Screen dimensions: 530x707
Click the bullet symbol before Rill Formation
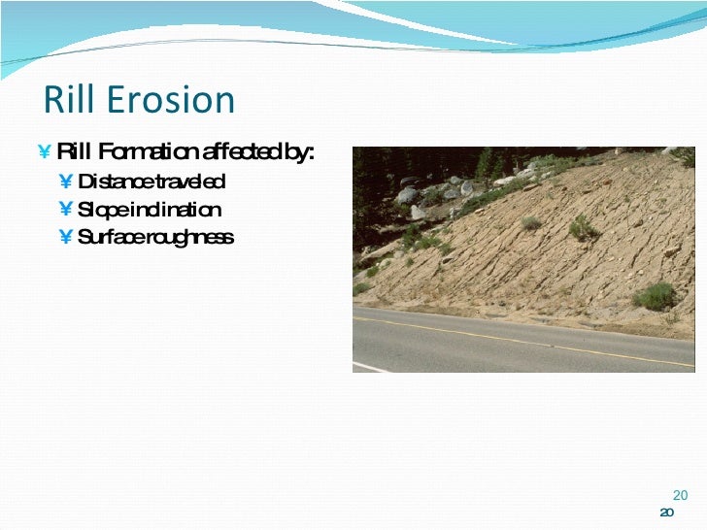(x=45, y=152)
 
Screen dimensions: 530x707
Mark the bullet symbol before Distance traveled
(x=65, y=182)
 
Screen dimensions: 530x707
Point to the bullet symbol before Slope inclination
(x=65, y=210)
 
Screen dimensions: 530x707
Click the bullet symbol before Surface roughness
(x=65, y=238)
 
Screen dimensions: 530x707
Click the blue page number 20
(x=680, y=494)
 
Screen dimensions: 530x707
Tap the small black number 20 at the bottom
(x=666, y=513)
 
